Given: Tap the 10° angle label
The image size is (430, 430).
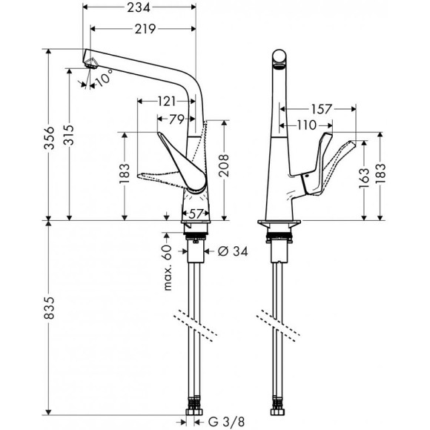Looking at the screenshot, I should [x=105, y=76].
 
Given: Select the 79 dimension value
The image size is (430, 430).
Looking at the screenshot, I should [x=176, y=119].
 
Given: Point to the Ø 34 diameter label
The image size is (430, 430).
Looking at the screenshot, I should [x=231, y=251].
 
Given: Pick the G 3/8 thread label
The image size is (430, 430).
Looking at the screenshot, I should [x=226, y=423].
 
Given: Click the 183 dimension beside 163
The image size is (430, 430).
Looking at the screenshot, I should [x=383, y=175].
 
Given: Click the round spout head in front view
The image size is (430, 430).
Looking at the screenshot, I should [x=279, y=58].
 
